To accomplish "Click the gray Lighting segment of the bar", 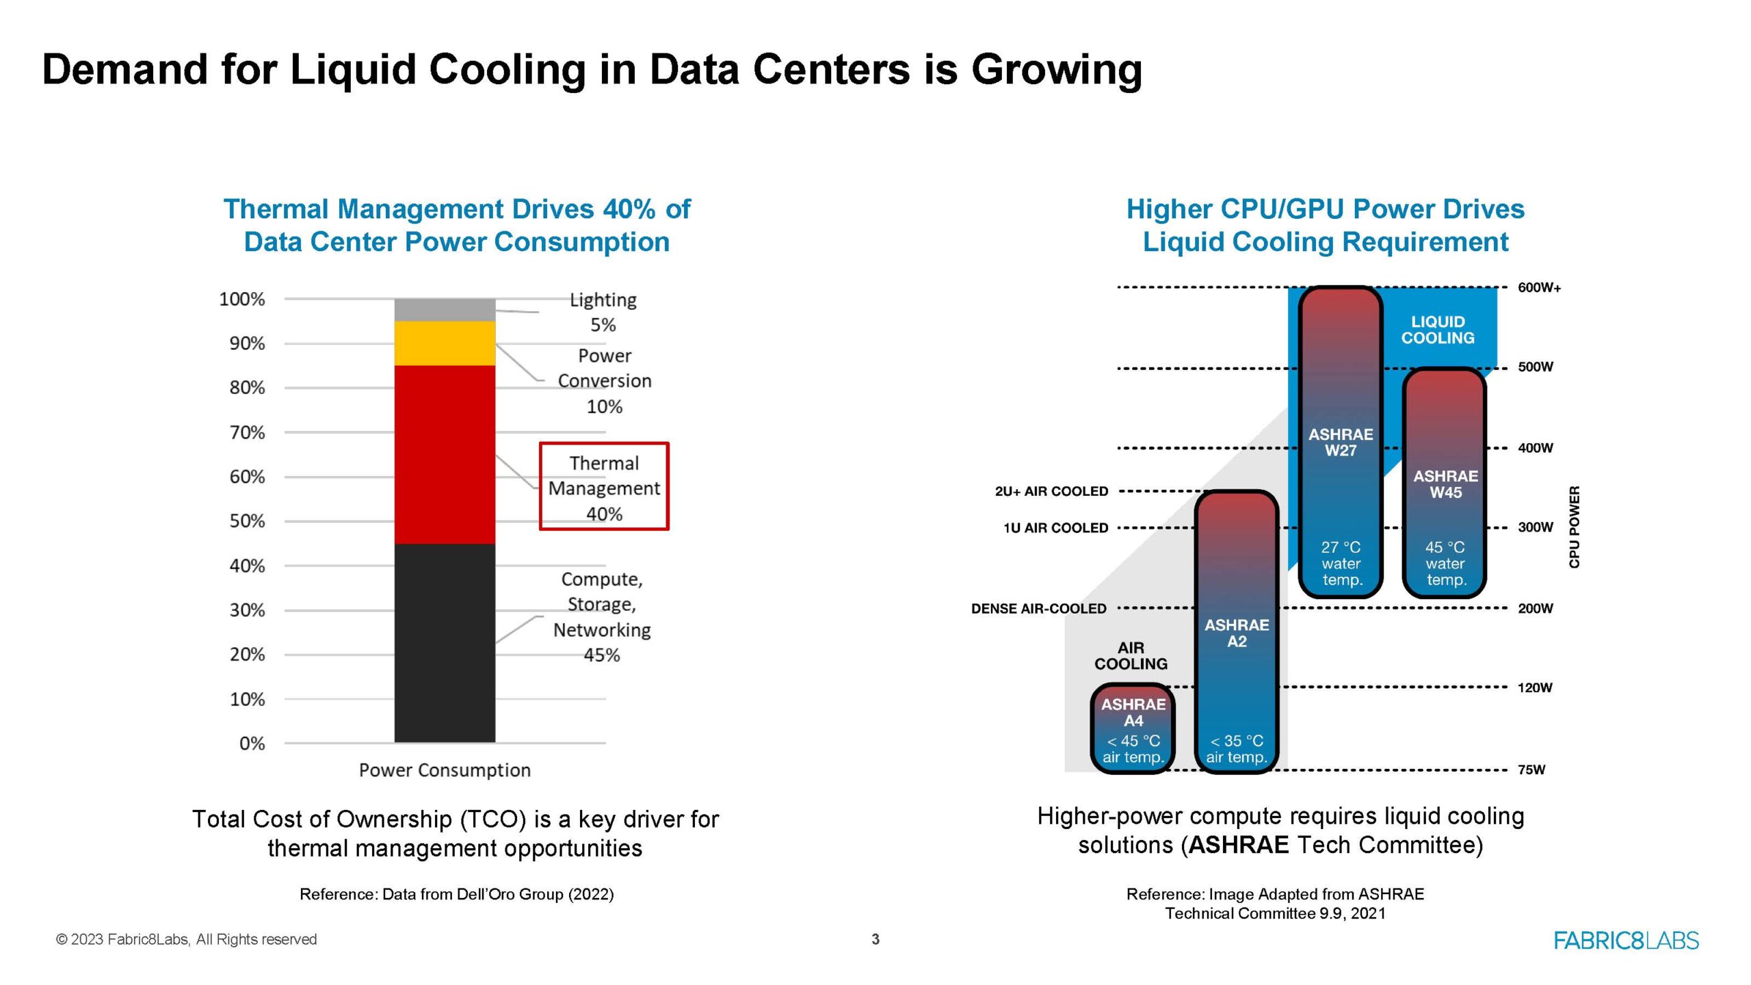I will [x=445, y=310].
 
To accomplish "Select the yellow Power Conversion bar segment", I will [x=445, y=343].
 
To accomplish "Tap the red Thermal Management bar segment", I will [x=445, y=454].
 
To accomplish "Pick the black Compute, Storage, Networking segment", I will [x=445, y=643].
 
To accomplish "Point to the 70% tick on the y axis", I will [x=247, y=432].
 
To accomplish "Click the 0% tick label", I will [x=252, y=744].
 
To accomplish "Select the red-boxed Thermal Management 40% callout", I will [x=604, y=486].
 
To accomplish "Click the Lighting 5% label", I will [x=603, y=312].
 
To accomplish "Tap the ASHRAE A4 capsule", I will [x=1133, y=729].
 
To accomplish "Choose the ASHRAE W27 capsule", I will [x=1341, y=442].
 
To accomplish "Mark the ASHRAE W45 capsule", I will [x=1445, y=483].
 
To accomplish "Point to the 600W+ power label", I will [x=1539, y=287].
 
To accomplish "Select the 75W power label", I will [x=1531, y=770].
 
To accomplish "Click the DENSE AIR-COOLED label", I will [x=1038, y=609].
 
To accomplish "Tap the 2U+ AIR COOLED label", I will [x=1051, y=491].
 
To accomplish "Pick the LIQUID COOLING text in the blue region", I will [x=1438, y=330].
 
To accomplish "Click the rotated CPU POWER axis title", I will [x=1574, y=527].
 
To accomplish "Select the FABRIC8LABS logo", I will [x=1626, y=941].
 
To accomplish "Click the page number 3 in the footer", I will [x=875, y=939].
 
